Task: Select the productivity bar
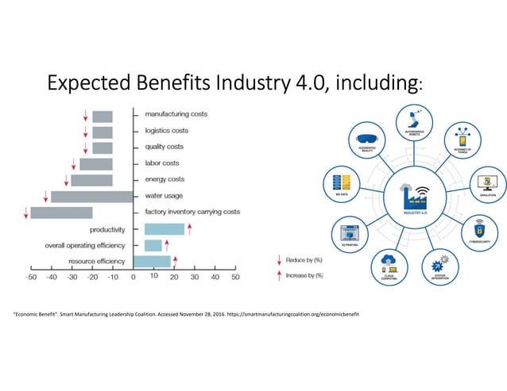(164, 229)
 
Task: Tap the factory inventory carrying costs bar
(61, 213)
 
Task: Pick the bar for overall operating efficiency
(153, 246)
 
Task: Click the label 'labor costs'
(161, 163)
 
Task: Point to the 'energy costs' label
(164, 179)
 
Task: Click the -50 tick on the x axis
(31, 278)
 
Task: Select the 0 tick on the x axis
(134, 278)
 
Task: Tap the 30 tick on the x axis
(195, 278)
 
